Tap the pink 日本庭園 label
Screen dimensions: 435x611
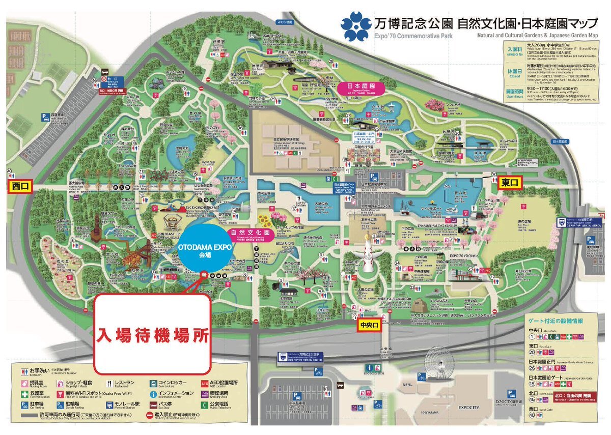[x=360, y=88]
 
